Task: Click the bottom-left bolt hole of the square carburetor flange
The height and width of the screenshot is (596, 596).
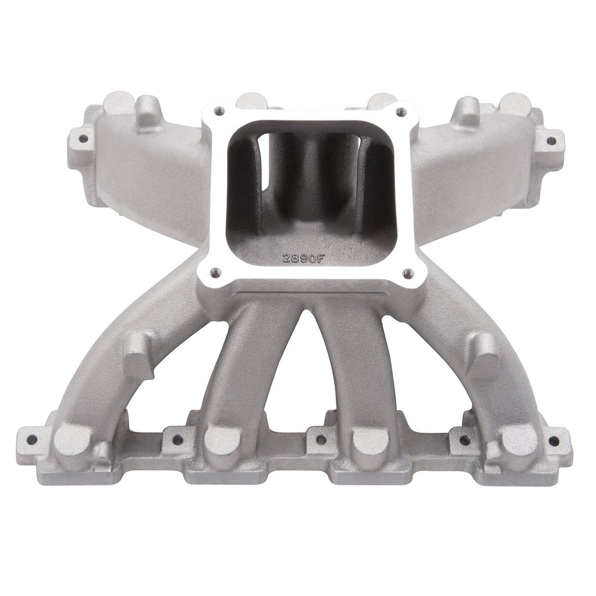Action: [214, 271]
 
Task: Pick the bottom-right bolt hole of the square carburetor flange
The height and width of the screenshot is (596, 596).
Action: [407, 272]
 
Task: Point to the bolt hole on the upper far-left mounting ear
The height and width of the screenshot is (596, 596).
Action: [82, 139]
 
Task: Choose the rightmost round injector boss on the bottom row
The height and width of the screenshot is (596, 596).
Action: [519, 439]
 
